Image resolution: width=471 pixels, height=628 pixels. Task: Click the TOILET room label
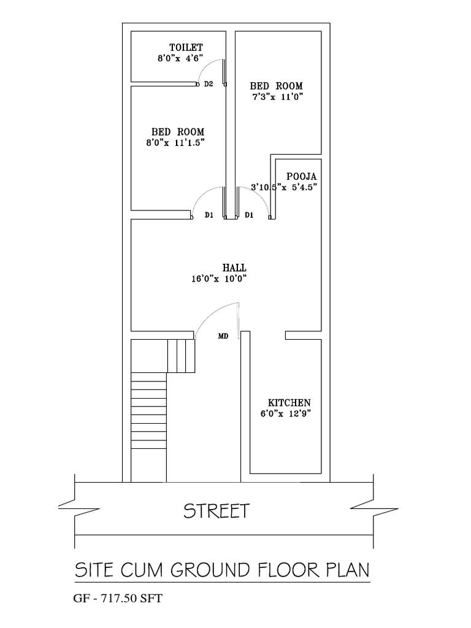tap(186, 47)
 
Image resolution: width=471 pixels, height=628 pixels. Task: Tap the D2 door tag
tap(209, 84)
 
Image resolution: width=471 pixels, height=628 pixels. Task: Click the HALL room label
tap(234, 268)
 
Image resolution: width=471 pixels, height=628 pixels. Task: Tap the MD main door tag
tap(223, 336)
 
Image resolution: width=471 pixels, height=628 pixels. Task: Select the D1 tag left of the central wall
tap(209, 215)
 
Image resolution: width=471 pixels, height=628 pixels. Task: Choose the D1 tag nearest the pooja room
tap(249, 215)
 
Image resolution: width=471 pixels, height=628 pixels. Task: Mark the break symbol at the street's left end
tap(67, 507)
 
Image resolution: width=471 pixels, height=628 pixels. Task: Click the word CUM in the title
tap(141, 571)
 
